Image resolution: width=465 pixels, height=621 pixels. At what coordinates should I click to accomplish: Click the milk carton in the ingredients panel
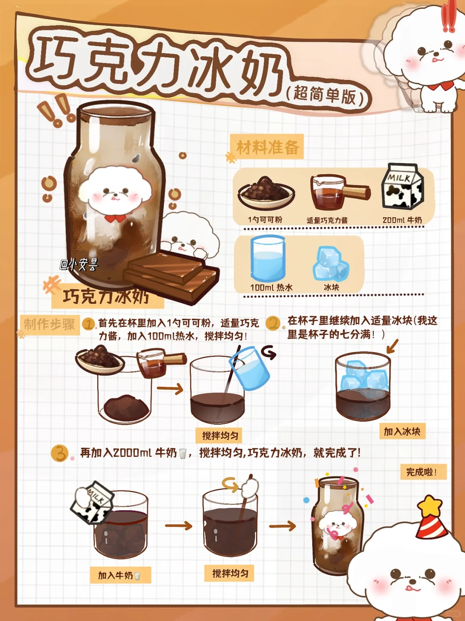coord(402,186)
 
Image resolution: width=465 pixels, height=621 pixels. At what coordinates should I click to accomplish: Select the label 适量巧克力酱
coord(327,220)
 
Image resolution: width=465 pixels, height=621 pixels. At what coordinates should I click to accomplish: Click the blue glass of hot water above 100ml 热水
coord(267,258)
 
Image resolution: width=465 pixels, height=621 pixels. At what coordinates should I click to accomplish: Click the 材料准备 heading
coord(268,148)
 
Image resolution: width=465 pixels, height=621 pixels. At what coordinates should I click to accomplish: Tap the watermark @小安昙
coord(78,264)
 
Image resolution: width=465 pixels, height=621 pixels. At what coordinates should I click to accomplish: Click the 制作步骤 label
coord(49,324)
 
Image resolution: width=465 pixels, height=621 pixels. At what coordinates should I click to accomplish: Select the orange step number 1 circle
coord(88,324)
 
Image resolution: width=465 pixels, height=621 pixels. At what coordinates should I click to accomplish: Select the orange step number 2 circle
coord(273,323)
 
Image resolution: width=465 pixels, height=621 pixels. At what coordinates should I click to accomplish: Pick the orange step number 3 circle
coord(59,453)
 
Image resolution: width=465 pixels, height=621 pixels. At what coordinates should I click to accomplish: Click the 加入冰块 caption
coord(402,432)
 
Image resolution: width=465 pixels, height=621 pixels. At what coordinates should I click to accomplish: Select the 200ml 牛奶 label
coord(402,220)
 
